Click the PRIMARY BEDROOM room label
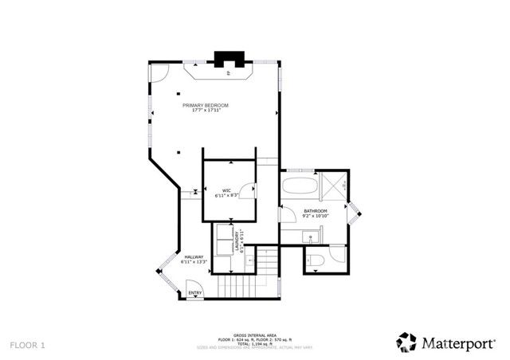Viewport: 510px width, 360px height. coord(206,105)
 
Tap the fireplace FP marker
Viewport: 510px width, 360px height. coord(229,73)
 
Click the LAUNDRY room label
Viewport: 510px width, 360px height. coord(237,238)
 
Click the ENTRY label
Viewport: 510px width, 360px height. coord(194,294)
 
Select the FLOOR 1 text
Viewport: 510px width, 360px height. coord(28,345)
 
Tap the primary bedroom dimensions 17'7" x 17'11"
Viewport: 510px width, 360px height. coord(206,111)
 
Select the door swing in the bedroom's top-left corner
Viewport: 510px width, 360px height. coord(159,74)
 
